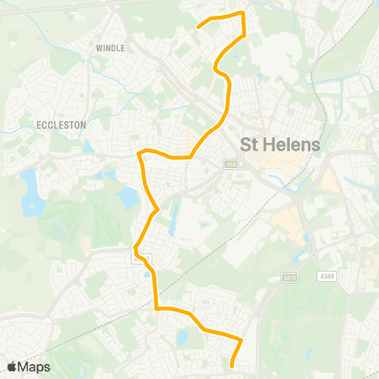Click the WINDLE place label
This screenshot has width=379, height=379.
pos(111,48)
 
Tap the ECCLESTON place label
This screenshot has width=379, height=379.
pos(61,125)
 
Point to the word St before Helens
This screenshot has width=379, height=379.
pos(249,145)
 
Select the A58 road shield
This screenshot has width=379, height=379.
pos(230,164)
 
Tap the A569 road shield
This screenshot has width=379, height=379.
pos(328,277)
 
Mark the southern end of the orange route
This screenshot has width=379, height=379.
pos(231,366)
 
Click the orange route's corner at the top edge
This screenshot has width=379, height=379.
pos(243,13)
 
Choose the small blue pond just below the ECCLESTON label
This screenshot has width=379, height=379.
pos(87,147)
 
